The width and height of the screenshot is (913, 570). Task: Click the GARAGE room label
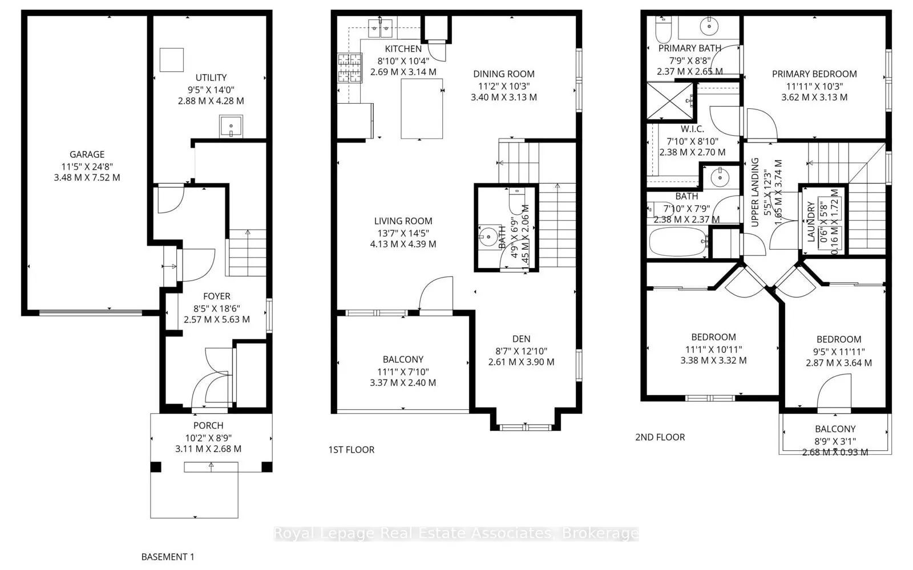[87, 154]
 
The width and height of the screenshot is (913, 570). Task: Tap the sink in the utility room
[231, 126]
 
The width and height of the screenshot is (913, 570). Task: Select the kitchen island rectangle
[422, 109]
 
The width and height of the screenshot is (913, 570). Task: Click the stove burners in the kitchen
[349, 68]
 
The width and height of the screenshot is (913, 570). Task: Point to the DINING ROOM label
[504, 74]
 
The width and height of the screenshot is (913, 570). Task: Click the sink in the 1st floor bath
[488, 237]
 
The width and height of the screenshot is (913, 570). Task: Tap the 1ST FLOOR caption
[352, 450]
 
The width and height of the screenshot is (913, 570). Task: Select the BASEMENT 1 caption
[168, 556]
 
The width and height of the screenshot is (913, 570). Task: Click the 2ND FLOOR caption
[660, 437]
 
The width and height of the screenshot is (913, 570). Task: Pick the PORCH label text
[208, 425]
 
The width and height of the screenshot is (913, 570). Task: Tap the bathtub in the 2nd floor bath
[677, 242]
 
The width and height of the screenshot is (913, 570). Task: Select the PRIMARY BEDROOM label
[814, 74]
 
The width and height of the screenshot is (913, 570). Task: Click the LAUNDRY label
[811, 221]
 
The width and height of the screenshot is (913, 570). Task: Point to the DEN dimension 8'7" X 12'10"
[521, 351]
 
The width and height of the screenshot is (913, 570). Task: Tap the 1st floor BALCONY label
[403, 359]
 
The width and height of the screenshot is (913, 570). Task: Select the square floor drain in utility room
[171, 59]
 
